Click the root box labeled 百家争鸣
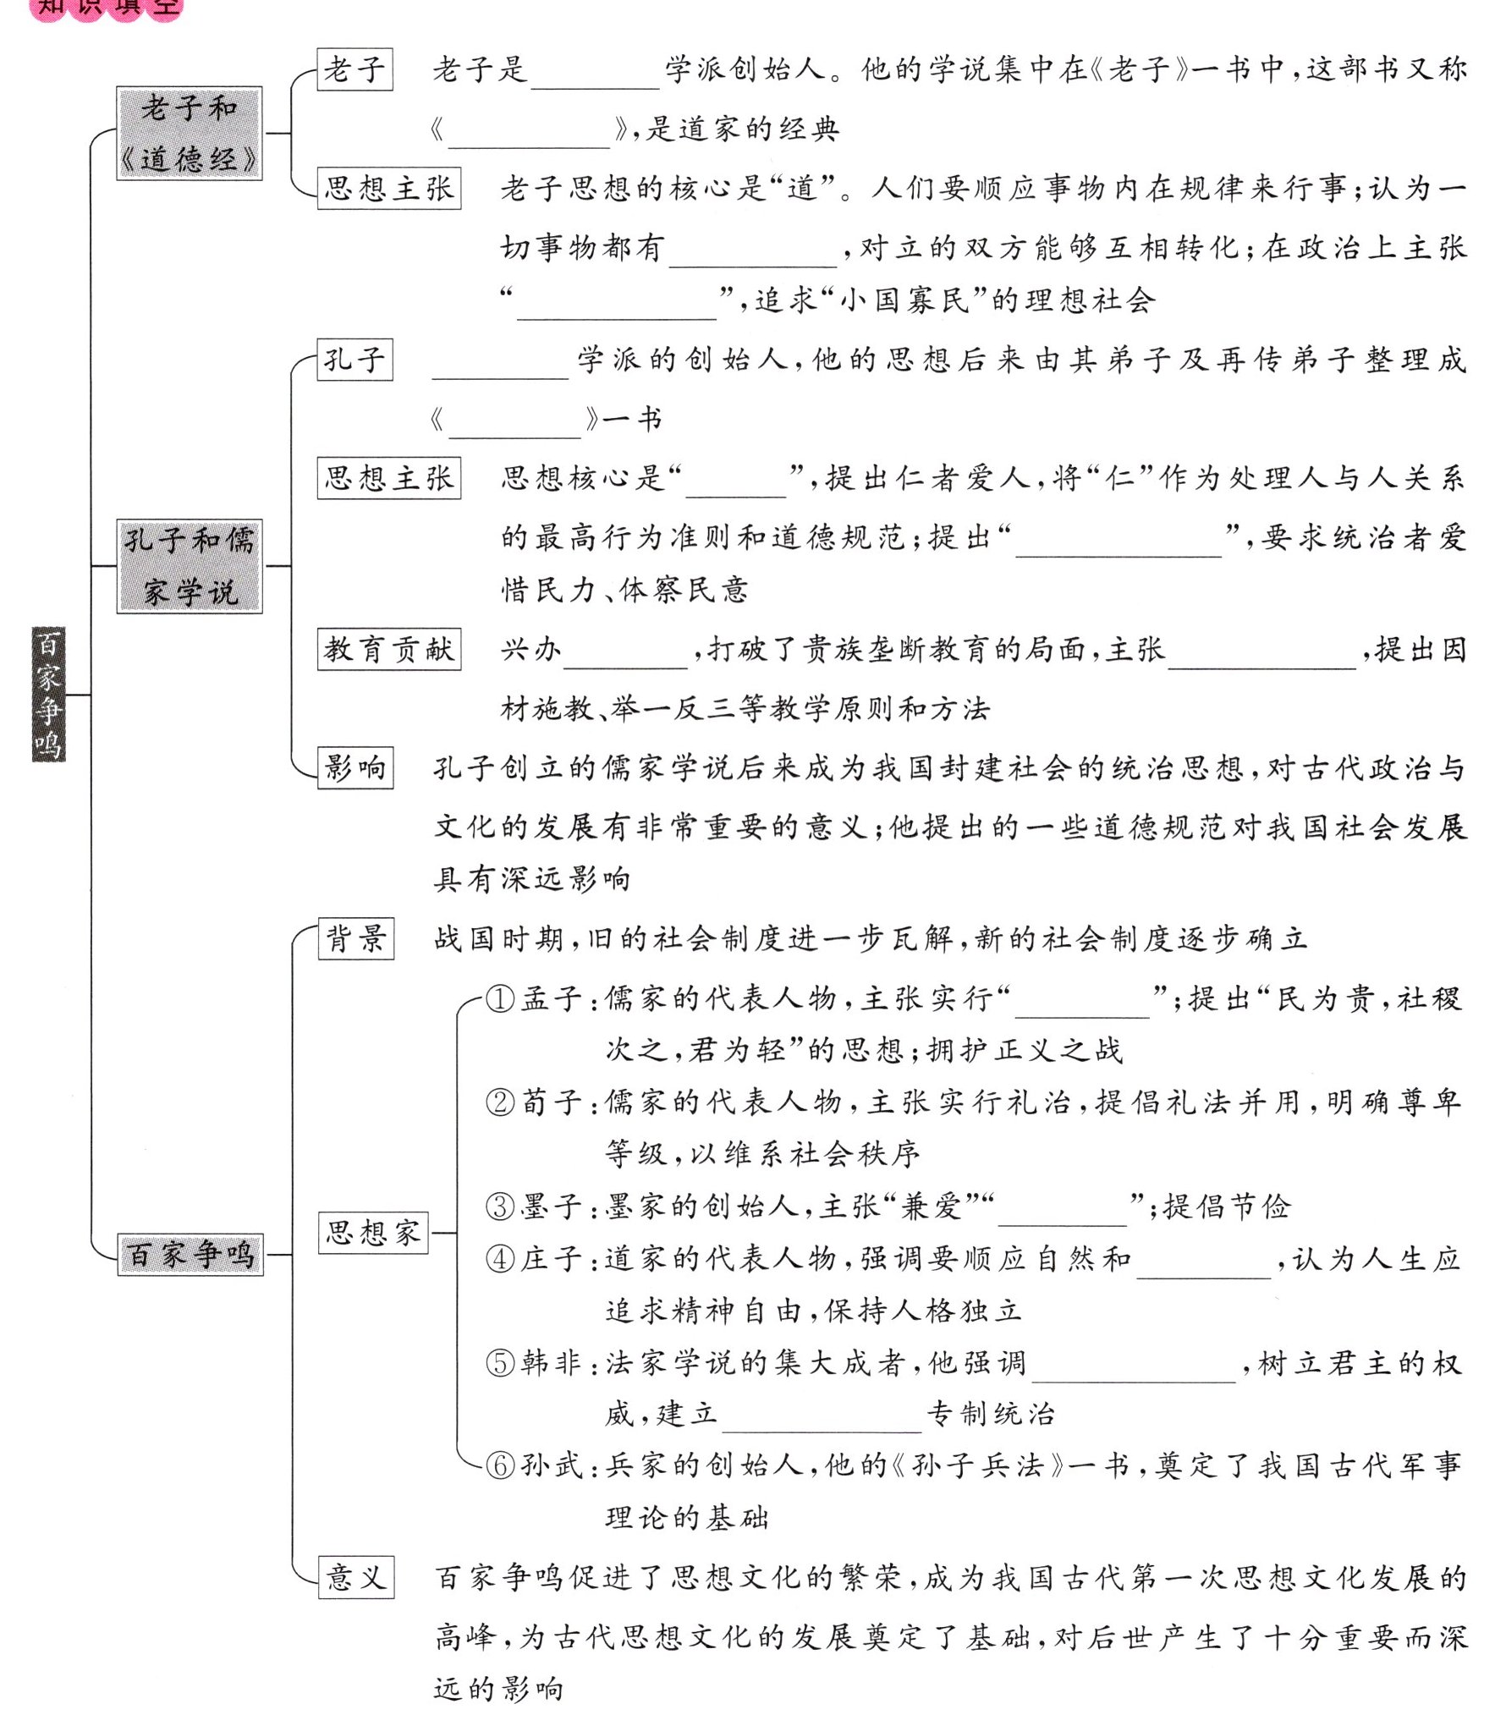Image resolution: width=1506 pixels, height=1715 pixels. point(48,694)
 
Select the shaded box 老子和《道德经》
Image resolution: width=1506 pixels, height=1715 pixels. point(189,134)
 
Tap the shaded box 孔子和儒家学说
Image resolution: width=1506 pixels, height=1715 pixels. point(189,566)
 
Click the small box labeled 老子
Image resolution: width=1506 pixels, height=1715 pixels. point(355,69)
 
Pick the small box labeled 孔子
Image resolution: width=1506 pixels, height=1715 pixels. point(355,360)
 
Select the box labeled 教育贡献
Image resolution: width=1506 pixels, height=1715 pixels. point(388,649)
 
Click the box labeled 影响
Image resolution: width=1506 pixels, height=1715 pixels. point(355,767)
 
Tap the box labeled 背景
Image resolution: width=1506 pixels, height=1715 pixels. point(355,938)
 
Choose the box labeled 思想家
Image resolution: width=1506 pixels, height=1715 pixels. point(372,1232)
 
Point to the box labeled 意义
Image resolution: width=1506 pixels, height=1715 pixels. point(355,1576)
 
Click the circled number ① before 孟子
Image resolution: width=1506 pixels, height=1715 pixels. point(500,999)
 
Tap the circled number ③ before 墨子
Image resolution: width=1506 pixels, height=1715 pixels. point(500,1207)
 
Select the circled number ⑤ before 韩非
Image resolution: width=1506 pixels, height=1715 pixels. point(500,1363)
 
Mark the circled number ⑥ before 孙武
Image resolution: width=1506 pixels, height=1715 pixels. point(500,1465)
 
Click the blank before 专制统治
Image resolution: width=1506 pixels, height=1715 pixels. point(821,1417)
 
